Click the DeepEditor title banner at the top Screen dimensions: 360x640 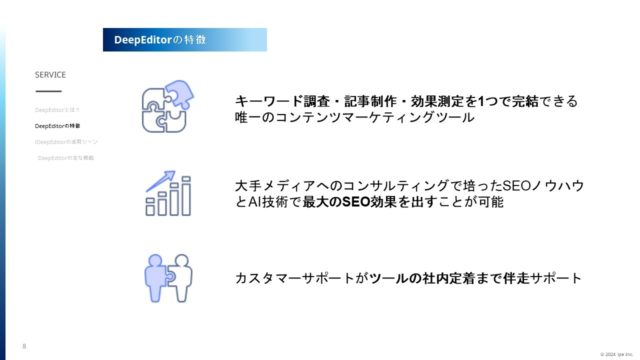(184, 39)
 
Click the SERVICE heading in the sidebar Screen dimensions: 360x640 (50, 75)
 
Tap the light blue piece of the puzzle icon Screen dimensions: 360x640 (178, 92)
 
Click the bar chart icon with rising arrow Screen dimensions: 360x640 (168, 194)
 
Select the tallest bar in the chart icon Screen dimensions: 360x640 (186, 197)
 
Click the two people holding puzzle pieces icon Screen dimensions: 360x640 (168, 277)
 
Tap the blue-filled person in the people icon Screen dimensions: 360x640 (156, 276)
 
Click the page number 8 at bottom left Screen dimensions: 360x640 (24, 347)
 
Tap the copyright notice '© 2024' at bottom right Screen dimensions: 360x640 (612, 354)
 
